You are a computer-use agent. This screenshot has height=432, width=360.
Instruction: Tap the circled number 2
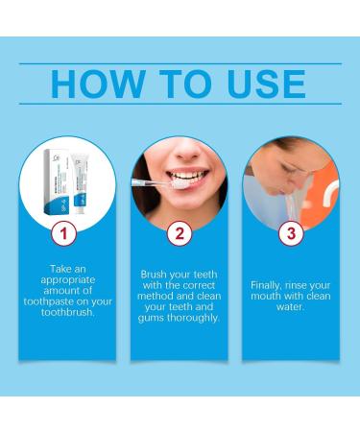point(178,233)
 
